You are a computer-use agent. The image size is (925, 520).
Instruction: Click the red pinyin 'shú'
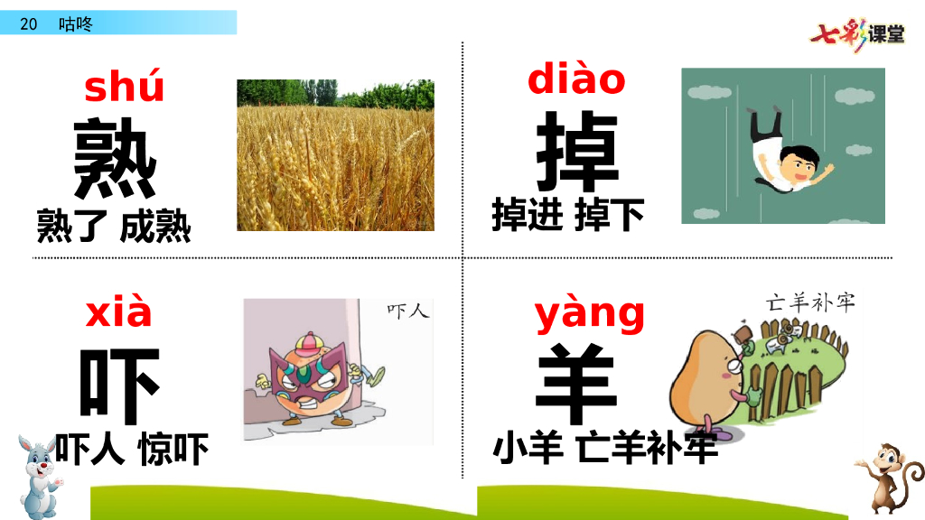(124, 88)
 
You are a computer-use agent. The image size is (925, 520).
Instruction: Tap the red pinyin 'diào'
(576, 79)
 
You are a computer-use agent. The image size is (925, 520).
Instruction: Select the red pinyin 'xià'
(118, 312)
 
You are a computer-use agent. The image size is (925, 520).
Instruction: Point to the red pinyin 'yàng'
(590, 314)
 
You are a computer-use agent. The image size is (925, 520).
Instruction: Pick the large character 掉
(577, 153)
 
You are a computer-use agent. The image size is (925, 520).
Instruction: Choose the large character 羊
(578, 384)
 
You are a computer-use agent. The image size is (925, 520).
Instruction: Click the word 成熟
(155, 226)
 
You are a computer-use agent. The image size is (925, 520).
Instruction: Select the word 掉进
(528, 215)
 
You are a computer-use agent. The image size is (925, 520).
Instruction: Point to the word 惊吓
(173, 449)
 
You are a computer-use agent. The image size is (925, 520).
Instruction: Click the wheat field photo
(335, 155)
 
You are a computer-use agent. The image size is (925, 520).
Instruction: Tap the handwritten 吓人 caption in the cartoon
(407, 311)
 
